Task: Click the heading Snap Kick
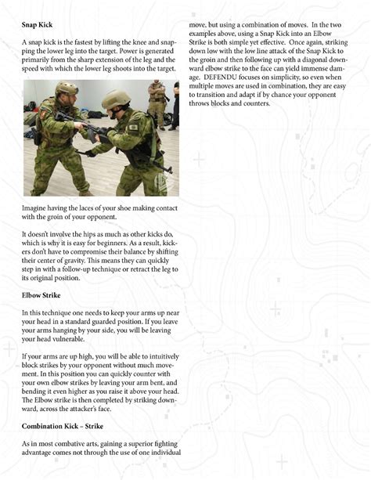point(37,25)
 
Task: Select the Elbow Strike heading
point(41,295)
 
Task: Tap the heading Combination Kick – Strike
point(63,426)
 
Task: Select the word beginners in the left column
point(112,244)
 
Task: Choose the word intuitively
point(162,357)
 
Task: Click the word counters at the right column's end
point(257,103)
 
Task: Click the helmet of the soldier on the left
point(67,88)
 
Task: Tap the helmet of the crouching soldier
point(116,99)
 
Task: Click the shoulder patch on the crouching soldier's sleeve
point(134,128)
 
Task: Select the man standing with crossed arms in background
point(157,105)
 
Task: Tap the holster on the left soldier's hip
point(37,136)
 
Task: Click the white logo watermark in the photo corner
point(160,182)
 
